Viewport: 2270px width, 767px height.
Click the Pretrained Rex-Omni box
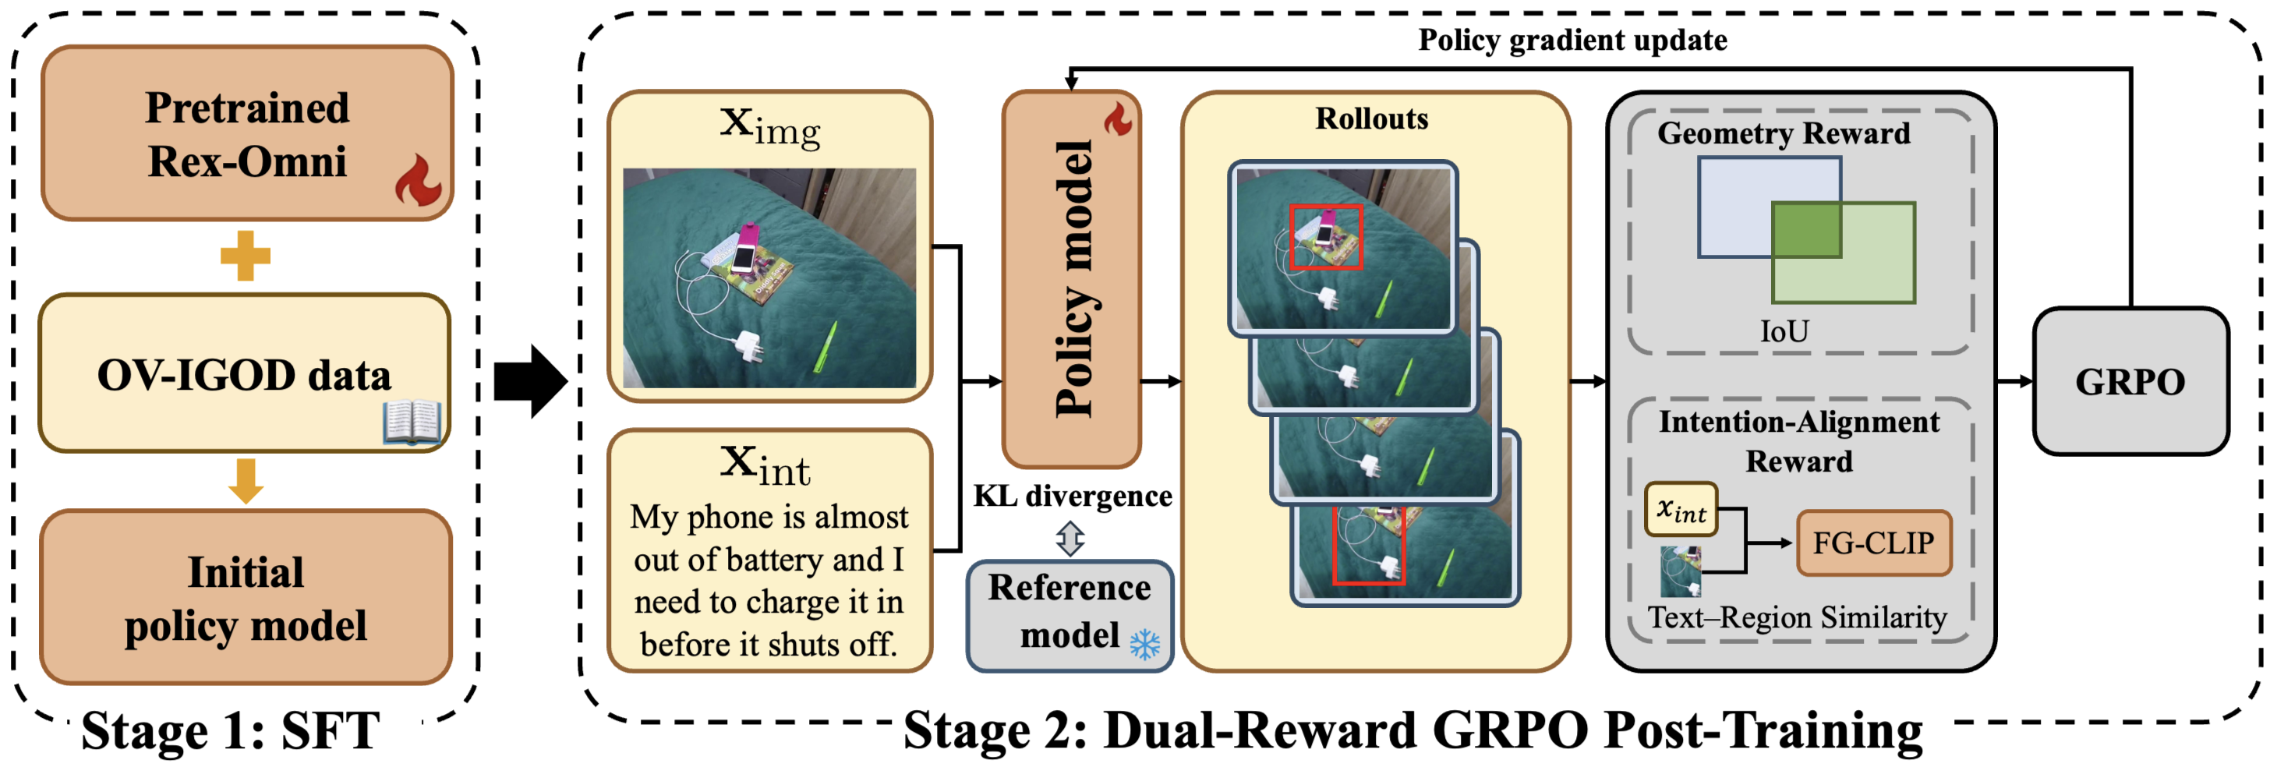pos(247,133)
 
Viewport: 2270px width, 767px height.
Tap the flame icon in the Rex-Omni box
pos(418,180)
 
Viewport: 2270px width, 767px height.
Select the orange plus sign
pos(245,256)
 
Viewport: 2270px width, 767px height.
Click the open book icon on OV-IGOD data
pos(412,422)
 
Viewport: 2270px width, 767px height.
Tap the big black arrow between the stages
pos(529,381)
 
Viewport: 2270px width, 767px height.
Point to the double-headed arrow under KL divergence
pos(1070,538)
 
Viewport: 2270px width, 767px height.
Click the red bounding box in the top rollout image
pos(1325,236)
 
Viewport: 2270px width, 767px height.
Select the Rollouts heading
pos(1371,119)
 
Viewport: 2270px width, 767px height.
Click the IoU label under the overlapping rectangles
pos(1784,331)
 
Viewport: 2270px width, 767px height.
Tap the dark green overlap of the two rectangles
pos(1805,229)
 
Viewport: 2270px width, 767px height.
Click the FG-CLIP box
pos(1872,543)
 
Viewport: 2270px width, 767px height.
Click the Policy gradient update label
pos(1572,41)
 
